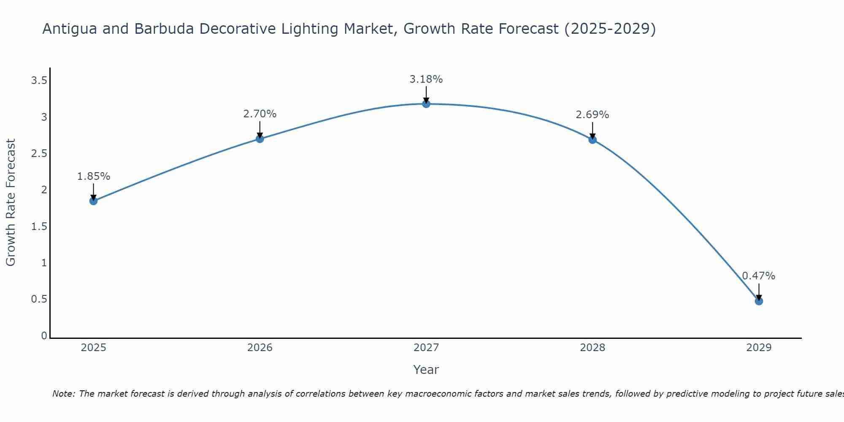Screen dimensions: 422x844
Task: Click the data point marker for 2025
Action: click(x=94, y=201)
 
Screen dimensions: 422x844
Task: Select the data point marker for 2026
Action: click(x=260, y=139)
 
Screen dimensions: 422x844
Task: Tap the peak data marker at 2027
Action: click(x=426, y=104)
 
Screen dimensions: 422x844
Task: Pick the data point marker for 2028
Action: click(x=592, y=140)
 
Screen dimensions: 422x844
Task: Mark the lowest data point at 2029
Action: click(x=759, y=301)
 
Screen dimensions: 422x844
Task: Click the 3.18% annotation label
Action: click(x=426, y=79)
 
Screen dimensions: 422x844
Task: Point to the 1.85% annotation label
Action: click(x=94, y=176)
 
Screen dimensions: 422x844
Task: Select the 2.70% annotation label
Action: click(x=260, y=114)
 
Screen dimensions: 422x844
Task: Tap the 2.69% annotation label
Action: click(x=592, y=115)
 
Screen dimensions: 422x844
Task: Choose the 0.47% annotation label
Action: click(x=759, y=276)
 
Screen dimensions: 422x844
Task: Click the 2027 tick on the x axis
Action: click(x=426, y=348)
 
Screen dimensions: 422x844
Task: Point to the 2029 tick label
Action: click(x=759, y=348)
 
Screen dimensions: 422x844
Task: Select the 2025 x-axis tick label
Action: click(x=94, y=348)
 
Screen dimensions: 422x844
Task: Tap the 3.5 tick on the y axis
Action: click(x=39, y=81)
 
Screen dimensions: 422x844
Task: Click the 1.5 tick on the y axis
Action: click(x=39, y=227)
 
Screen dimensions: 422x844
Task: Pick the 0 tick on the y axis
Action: click(x=44, y=336)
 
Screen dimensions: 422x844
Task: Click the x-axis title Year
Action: click(x=426, y=370)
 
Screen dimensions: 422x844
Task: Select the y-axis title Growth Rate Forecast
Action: click(x=11, y=203)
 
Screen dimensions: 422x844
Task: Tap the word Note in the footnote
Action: click(x=63, y=394)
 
